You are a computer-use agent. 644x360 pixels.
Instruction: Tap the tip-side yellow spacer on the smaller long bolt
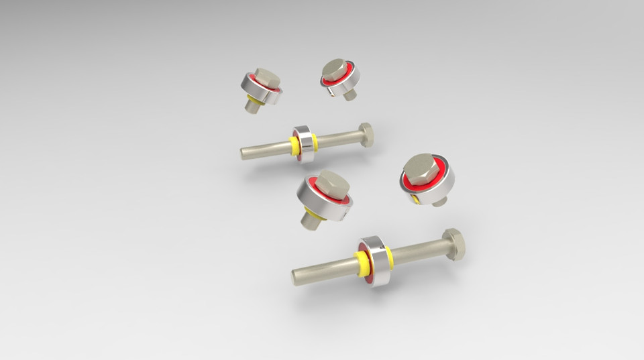tap(294, 145)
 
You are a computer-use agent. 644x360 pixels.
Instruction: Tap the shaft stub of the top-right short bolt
tap(350, 95)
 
